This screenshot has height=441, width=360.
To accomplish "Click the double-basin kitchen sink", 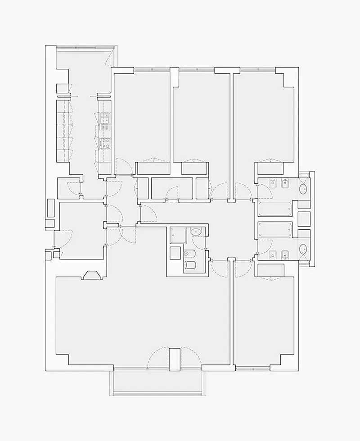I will [104, 118].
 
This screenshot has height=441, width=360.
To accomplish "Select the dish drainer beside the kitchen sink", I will [104, 127].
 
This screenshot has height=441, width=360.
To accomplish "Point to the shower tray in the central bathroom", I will [178, 235].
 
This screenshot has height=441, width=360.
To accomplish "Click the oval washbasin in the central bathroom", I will [197, 232].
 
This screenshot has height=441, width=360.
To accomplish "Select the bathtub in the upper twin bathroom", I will [275, 209].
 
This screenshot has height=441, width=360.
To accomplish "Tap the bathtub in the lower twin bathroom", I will [275, 229].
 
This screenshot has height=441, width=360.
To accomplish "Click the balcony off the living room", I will [157, 383].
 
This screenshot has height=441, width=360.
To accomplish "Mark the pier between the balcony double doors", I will [174, 359].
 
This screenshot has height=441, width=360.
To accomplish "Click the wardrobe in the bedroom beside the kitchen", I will [153, 168].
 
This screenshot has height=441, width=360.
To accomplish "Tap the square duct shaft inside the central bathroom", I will [175, 251].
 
